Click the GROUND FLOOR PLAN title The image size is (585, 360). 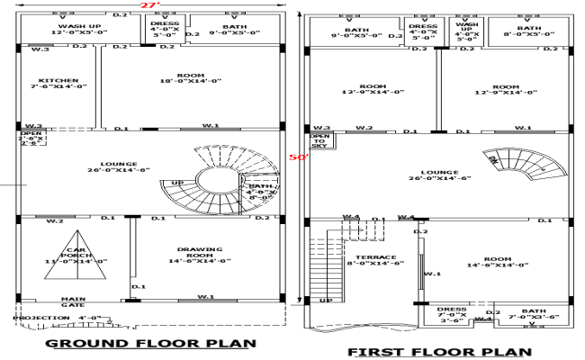click(150, 343)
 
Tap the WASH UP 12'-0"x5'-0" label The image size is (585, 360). click(79, 31)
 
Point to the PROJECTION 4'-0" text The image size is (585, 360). click(56, 318)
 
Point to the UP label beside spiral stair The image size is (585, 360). click(178, 183)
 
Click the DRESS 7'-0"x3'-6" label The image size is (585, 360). click(454, 313)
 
